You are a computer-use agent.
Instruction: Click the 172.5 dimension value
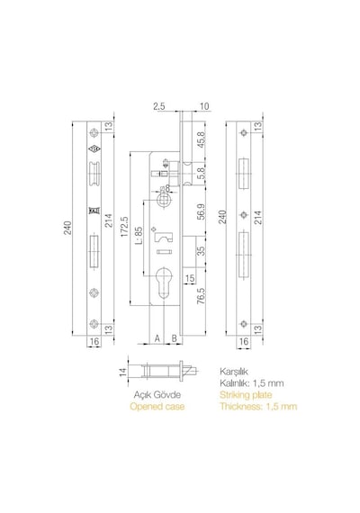pyautogui.click(x=125, y=227)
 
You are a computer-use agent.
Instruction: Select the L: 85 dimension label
pyautogui.click(x=139, y=236)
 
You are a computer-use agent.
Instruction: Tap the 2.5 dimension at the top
pyautogui.click(x=159, y=106)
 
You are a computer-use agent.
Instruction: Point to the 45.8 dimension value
pyautogui.click(x=201, y=139)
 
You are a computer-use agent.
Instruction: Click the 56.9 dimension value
pyautogui.click(x=201, y=211)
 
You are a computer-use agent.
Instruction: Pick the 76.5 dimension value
pyautogui.click(x=201, y=296)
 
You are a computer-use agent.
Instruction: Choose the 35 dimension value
pyautogui.click(x=201, y=251)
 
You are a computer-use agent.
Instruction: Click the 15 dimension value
pyautogui.click(x=190, y=278)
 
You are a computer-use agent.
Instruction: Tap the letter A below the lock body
pyautogui.click(x=157, y=338)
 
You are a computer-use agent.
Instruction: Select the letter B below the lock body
pyautogui.click(x=174, y=338)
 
